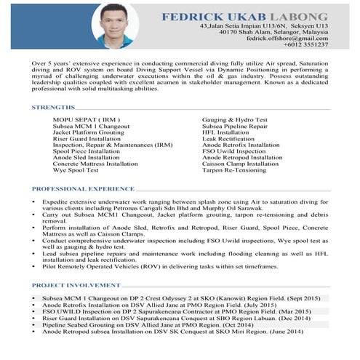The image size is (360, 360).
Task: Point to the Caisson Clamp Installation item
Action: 240,164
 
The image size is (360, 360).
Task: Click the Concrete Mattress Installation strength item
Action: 95,164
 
